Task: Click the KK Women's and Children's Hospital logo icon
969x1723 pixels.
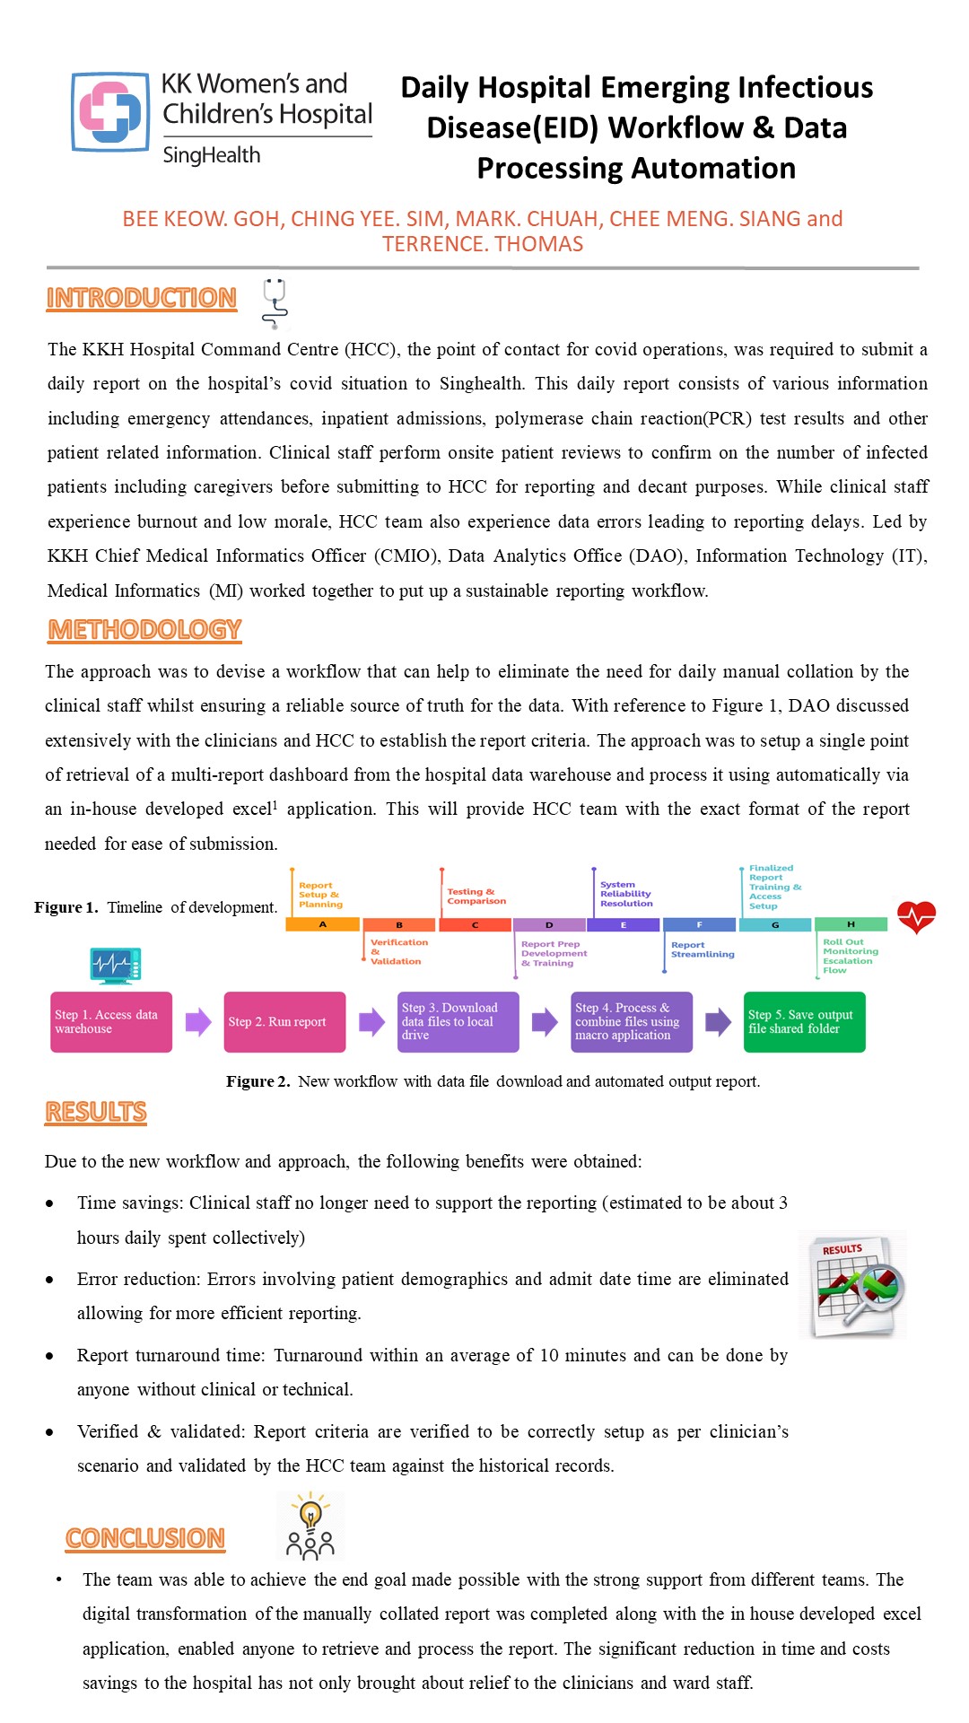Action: click(110, 112)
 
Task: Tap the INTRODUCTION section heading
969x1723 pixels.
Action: click(142, 298)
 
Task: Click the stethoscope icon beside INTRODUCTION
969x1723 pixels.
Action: click(275, 303)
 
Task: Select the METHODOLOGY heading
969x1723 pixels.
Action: click(144, 630)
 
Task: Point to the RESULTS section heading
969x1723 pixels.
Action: click(96, 1112)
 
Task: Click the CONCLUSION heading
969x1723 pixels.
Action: click(145, 1538)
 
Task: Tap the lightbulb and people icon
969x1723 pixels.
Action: click(310, 1526)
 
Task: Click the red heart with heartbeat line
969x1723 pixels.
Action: click(916, 917)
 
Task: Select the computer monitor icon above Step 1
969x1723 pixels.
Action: click(116, 966)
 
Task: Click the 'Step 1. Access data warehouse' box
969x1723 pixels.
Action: click(111, 1022)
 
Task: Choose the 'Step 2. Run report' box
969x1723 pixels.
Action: click(284, 1022)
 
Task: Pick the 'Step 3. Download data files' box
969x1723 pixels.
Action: click(458, 1022)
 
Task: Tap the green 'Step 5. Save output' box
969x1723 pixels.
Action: click(804, 1022)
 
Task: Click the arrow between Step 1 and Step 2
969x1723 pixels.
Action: click(198, 1022)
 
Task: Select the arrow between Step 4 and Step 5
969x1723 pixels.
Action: click(718, 1022)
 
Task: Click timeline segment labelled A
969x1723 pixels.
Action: click(322, 924)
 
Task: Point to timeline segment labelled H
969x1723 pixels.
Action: click(851, 924)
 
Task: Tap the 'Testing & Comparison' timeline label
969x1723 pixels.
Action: click(476, 896)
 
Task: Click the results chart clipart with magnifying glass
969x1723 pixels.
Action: click(852, 1285)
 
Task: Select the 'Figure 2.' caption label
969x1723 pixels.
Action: click(258, 1081)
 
